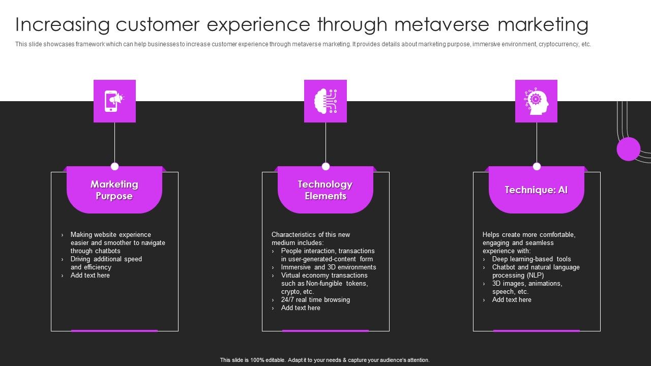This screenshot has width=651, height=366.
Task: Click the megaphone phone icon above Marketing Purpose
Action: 114,101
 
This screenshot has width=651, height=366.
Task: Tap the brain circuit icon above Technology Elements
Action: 325,101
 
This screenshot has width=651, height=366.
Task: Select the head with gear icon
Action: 536,101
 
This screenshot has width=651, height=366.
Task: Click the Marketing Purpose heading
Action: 114,190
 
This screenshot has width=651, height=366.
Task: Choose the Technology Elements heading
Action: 325,190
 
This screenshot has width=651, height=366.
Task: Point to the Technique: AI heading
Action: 536,190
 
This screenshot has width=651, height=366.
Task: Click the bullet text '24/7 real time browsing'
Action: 315,300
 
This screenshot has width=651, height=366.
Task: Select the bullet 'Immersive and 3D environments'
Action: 329,267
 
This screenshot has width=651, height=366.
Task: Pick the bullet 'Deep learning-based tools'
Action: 531,259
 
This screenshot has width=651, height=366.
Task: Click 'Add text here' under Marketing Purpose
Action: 90,276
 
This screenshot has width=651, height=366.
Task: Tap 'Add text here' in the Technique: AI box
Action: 512,300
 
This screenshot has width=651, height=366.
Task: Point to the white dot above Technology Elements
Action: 325,166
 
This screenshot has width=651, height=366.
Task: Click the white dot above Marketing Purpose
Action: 114,166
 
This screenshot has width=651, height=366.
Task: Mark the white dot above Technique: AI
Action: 537,166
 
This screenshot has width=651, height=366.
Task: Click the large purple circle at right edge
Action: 628,149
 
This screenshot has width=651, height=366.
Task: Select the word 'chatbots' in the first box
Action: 108,251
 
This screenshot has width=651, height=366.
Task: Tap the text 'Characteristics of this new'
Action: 311,235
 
